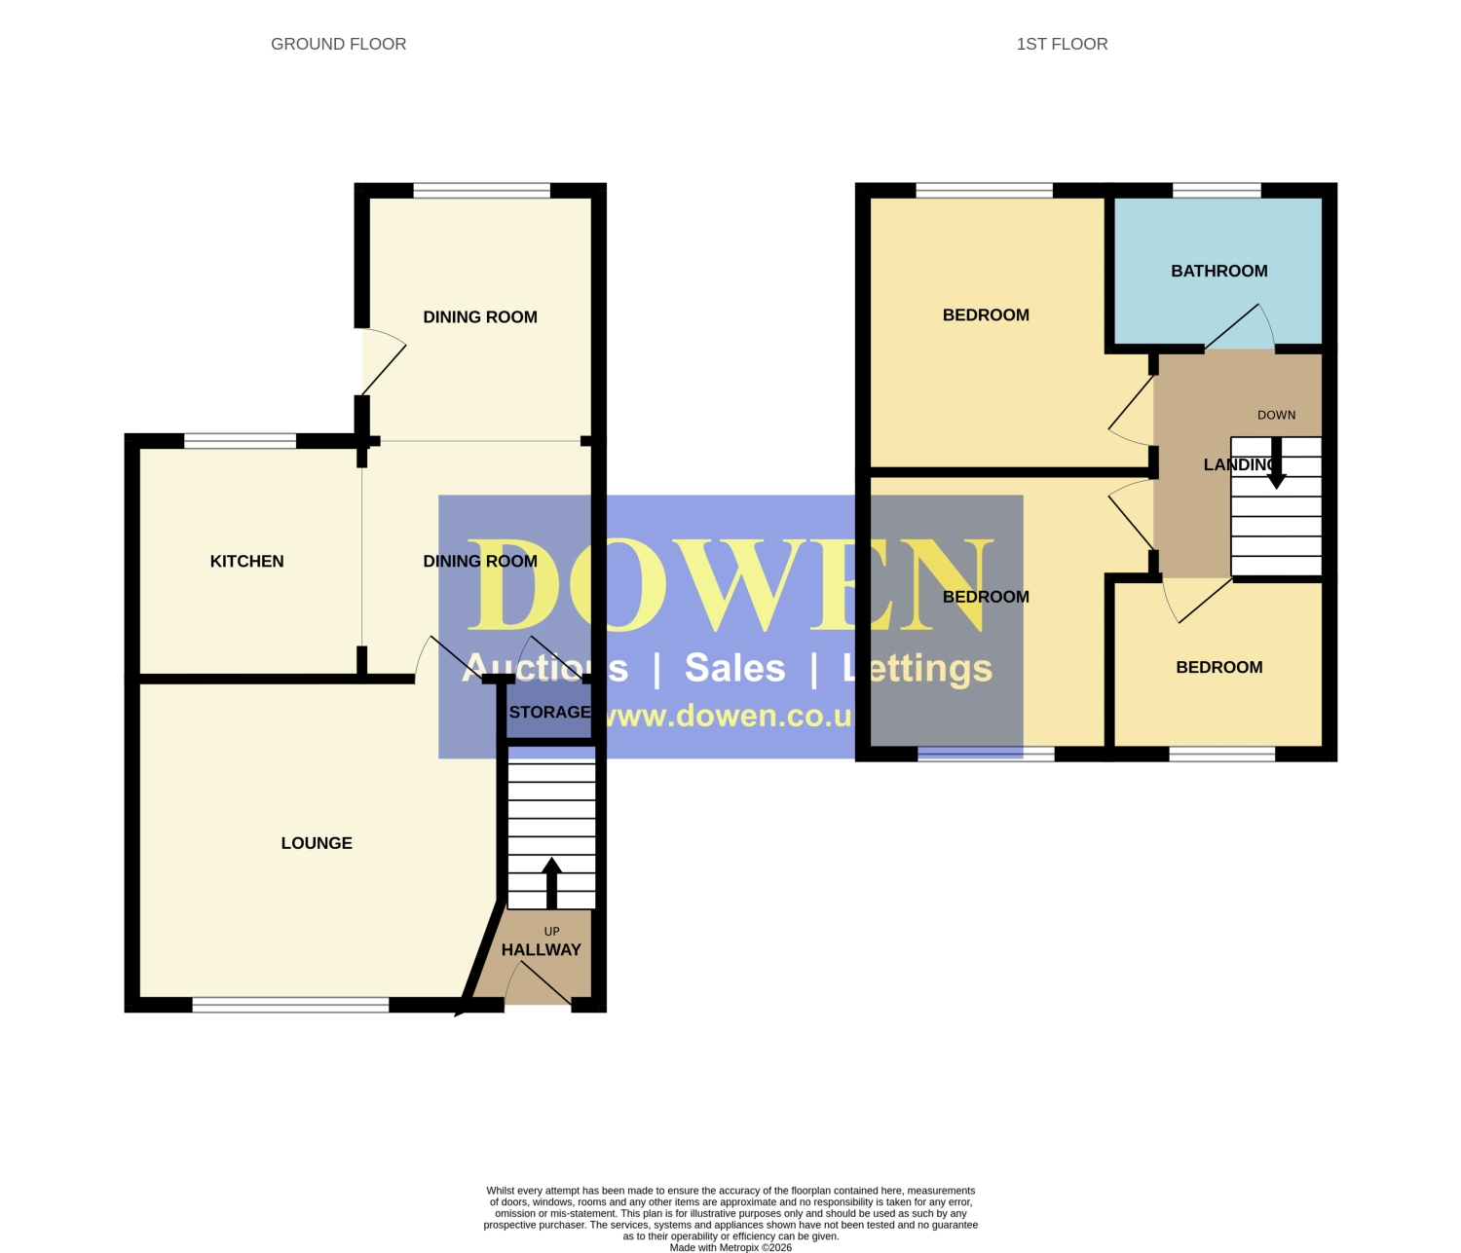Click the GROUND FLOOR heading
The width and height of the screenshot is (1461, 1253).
pyautogui.click(x=339, y=44)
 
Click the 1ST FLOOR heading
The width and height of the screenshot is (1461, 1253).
pyautogui.click(x=1062, y=44)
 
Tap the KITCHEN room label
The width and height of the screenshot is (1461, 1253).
pyautogui.click(x=246, y=561)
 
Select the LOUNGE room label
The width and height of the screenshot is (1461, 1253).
pyautogui.click(x=317, y=843)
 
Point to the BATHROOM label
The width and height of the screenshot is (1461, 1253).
pyautogui.click(x=1219, y=271)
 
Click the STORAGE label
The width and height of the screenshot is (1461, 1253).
pyautogui.click(x=550, y=712)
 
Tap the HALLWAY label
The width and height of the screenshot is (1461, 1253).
pyautogui.click(x=542, y=950)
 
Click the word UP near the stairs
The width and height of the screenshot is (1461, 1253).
pyautogui.click(x=552, y=932)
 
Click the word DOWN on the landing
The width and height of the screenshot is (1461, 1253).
pyautogui.click(x=1277, y=415)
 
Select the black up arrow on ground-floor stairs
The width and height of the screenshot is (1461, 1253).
pyautogui.click(x=552, y=883)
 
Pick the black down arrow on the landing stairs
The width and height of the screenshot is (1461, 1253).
pyautogui.click(x=1277, y=462)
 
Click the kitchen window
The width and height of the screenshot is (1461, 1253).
pyautogui.click(x=240, y=441)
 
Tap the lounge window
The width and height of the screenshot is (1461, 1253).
pyautogui.click(x=290, y=1005)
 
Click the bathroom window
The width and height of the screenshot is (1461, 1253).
pyautogui.click(x=1217, y=190)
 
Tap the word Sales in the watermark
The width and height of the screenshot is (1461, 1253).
pyautogui.click(x=735, y=668)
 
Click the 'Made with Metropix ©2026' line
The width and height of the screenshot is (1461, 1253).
pyautogui.click(x=730, y=1247)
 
